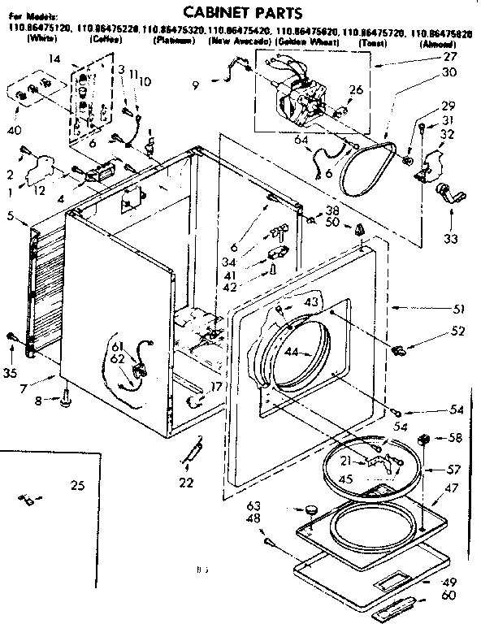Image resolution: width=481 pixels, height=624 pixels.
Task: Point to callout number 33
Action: pos(450,239)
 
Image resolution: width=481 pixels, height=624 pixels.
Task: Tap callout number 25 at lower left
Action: pos(77,486)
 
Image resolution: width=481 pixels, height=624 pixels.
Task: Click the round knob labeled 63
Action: pos(310,509)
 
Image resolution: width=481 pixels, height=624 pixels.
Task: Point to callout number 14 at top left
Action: pos(54,58)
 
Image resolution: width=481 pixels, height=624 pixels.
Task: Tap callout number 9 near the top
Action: pos(195,84)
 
